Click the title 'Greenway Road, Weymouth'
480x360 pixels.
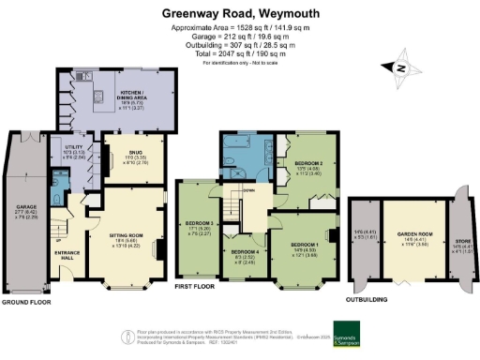pos(239,14)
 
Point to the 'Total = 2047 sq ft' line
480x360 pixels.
pos(239,53)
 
